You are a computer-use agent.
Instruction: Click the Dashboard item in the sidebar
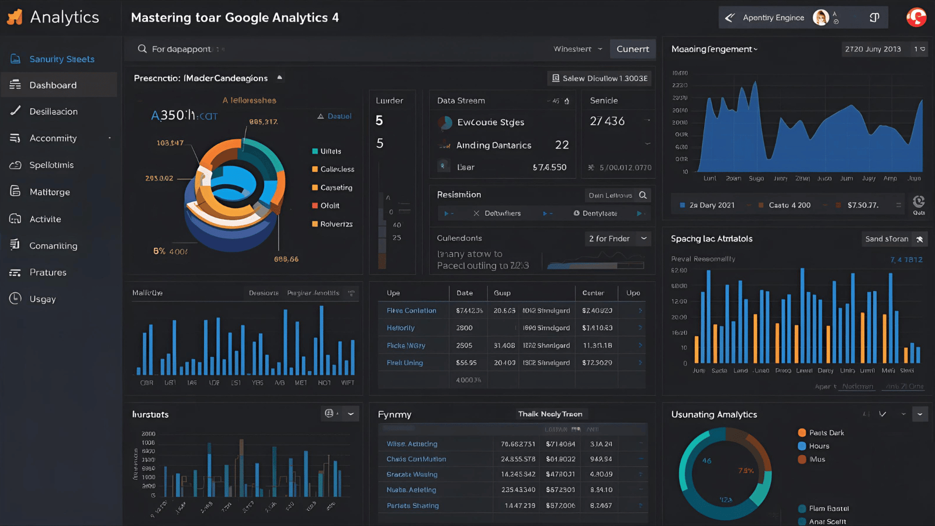(53, 85)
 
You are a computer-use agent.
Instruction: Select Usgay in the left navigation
(42, 299)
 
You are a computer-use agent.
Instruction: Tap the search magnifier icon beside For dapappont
(142, 49)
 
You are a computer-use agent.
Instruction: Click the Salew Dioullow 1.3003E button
(599, 78)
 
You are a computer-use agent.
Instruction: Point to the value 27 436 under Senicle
(607, 122)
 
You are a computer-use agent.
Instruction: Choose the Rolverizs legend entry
(335, 224)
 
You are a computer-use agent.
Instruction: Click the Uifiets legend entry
(330, 151)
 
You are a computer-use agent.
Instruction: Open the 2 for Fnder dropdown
(618, 238)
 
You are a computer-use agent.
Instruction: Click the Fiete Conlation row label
(411, 311)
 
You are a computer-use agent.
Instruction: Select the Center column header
(593, 293)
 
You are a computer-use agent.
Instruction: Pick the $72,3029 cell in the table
(597, 363)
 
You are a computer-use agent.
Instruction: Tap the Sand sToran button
(893, 239)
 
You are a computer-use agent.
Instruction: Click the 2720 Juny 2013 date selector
(872, 49)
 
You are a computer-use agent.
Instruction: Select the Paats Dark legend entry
(826, 433)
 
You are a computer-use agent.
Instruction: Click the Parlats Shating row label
(413, 506)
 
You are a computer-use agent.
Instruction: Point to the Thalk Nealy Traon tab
(550, 414)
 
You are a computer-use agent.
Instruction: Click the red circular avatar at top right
(916, 18)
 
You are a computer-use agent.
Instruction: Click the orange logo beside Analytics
(15, 18)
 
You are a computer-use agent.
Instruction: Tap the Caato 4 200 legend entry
(789, 206)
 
